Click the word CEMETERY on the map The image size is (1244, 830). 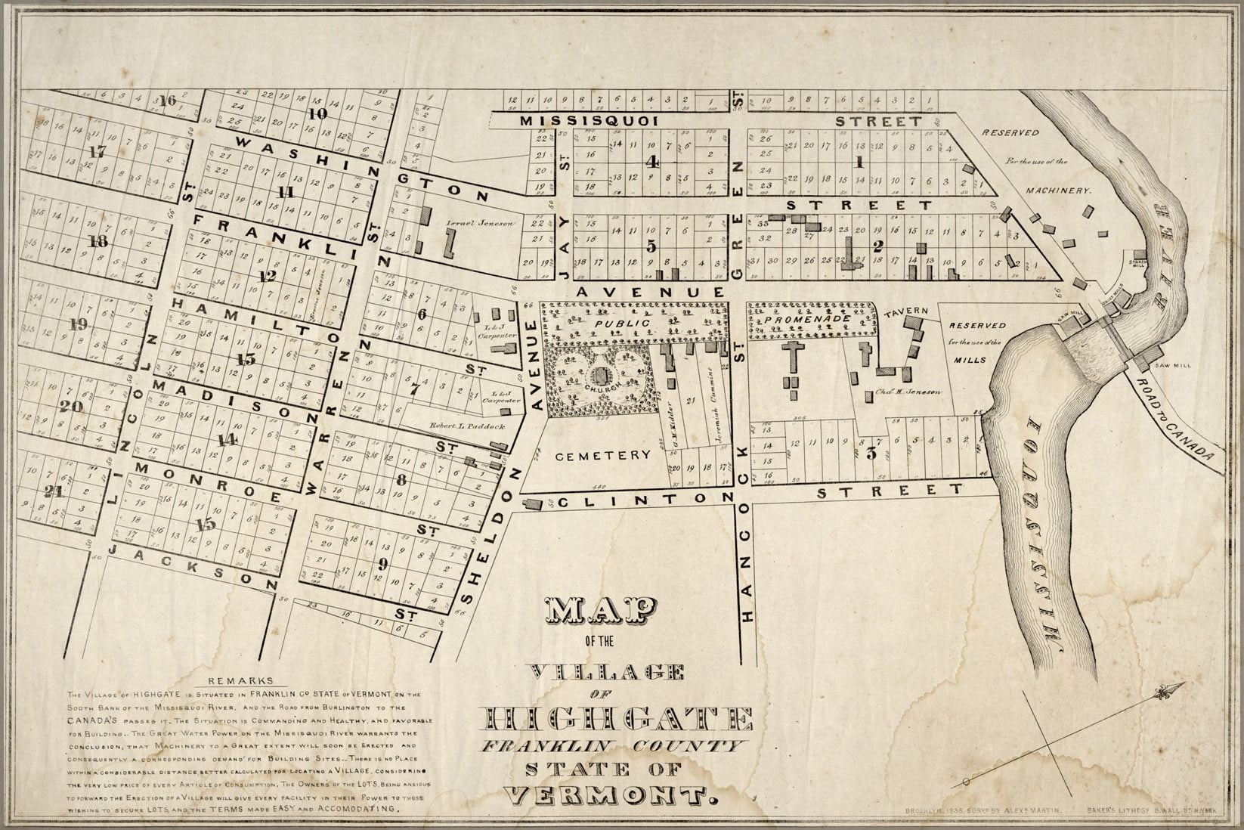(602, 455)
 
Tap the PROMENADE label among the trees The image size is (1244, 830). (805, 320)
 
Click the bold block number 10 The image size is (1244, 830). (317, 114)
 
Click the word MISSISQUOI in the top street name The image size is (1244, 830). (591, 121)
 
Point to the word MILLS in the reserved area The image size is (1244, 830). (970, 360)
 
